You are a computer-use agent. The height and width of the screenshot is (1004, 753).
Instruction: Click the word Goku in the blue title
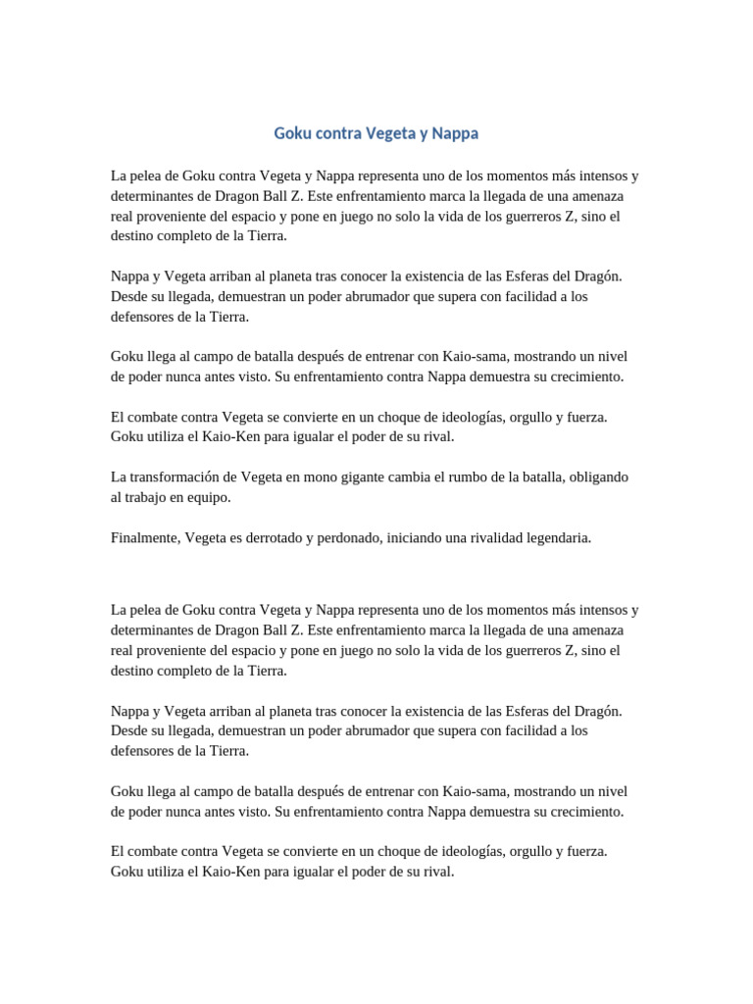[292, 132]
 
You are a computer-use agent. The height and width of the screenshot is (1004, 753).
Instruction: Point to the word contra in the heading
[339, 132]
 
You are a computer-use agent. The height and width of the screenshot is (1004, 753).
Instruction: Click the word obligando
[594, 477]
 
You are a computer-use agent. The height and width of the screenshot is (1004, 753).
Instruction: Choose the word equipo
[212, 498]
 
